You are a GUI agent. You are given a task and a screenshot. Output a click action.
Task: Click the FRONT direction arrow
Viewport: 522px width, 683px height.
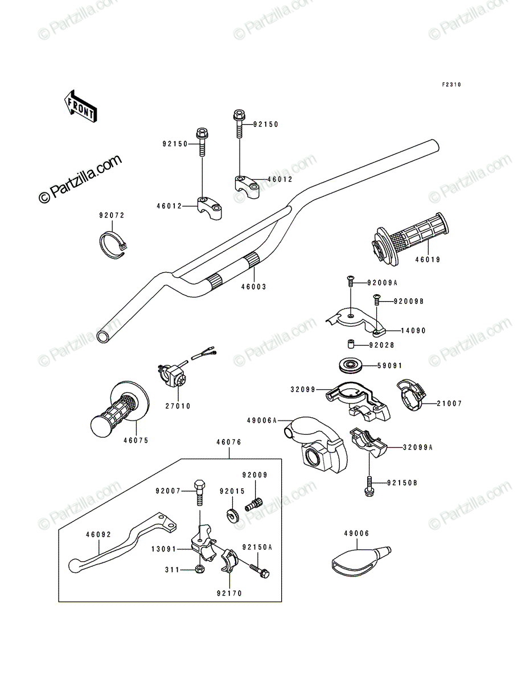(x=80, y=106)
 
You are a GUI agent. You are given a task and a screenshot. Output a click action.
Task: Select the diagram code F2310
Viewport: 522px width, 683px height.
(x=451, y=85)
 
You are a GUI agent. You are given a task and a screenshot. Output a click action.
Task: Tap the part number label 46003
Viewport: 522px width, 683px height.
(x=254, y=287)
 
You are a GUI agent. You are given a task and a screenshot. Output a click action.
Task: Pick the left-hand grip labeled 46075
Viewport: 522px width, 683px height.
(x=120, y=407)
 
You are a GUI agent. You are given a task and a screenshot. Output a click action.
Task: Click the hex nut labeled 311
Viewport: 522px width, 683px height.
(x=199, y=569)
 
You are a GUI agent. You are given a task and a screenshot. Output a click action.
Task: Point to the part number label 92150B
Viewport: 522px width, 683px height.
(x=402, y=483)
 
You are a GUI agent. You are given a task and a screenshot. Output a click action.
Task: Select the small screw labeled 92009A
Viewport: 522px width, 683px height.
(x=351, y=282)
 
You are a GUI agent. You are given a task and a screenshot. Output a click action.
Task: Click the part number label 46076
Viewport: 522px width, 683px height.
(x=229, y=442)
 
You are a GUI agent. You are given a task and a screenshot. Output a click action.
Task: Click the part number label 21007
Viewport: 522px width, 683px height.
(x=450, y=404)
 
